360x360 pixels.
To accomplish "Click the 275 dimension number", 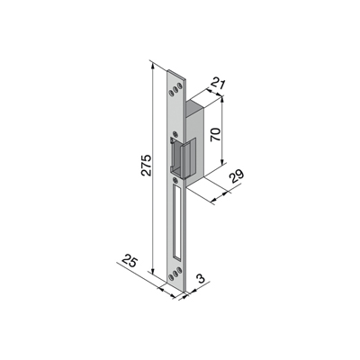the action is point(147,166).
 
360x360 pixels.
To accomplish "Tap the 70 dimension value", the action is point(215,135).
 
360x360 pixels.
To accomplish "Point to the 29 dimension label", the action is point(237,178).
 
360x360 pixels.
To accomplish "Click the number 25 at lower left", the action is point(130,261).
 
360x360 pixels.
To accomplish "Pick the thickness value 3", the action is point(202,278).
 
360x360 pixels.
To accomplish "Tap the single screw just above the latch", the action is point(175,134).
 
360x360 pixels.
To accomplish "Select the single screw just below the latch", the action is point(175,180).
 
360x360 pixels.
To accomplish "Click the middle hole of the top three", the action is point(175,90).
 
